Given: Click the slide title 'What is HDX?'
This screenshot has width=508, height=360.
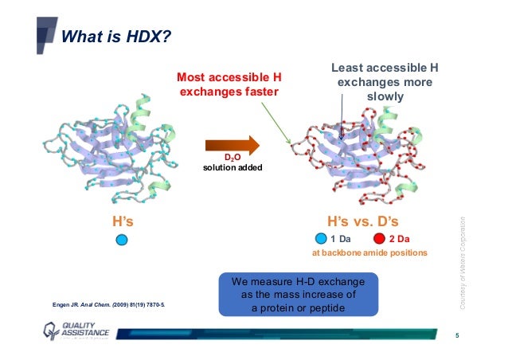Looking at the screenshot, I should pyautogui.click(x=116, y=37).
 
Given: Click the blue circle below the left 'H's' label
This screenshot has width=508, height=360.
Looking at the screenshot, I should pyautogui.click(x=121, y=239).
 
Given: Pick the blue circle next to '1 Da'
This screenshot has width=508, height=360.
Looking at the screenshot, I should pyautogui.click(x=320, y=238).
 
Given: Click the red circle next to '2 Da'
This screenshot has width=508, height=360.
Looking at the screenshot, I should pyautogui.click(x=380, y=238).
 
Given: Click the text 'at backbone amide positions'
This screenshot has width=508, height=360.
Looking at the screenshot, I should pyautogui.click(x=369, y=252).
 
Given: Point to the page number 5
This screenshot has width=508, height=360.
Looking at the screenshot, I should pyautogui.click(x=457, y=335).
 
